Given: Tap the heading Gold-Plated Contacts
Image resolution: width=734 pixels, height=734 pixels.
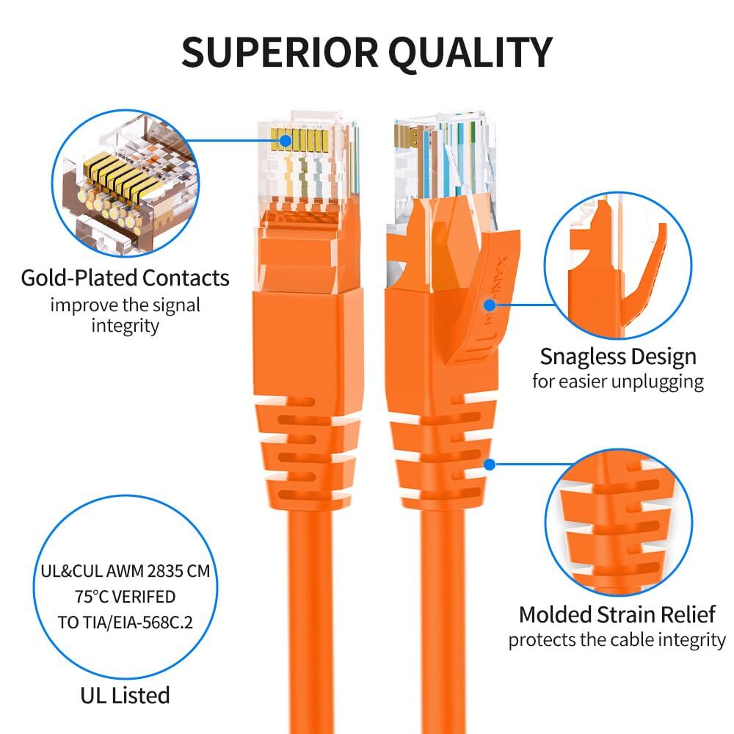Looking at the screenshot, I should click(x=125, y=278).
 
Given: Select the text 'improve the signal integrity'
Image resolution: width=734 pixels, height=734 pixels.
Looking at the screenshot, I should click(x=125, y=315).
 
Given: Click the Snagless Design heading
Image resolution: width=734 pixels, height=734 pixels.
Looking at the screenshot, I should click(x=618, y=357).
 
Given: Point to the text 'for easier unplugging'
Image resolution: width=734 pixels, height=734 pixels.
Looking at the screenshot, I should click(x=618, y=382).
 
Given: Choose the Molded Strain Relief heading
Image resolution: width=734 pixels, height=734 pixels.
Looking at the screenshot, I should click(x=617, y=614).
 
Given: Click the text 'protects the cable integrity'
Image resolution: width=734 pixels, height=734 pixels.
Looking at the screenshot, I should click(x=617, y=639).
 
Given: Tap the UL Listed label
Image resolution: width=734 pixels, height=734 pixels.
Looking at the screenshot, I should click(x=125, y=694).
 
